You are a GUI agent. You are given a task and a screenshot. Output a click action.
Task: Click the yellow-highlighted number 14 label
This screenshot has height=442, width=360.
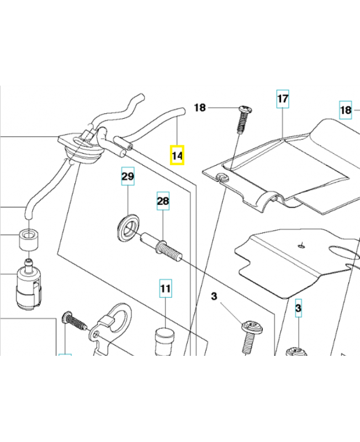(x=177, y=155)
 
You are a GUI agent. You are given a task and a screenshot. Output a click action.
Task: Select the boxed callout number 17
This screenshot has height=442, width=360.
(x=282, y=99)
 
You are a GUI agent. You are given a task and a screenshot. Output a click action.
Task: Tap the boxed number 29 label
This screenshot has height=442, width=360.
(x=128, y=177)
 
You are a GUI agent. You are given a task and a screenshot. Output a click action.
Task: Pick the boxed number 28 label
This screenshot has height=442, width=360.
(x=163, y=202)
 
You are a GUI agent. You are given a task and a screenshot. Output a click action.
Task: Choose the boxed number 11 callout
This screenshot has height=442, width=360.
(x=166, y=288)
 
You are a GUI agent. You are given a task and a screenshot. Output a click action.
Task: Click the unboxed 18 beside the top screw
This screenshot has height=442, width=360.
(x=199, y=107)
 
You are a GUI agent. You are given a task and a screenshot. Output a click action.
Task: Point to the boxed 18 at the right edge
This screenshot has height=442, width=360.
(x=345, y=110)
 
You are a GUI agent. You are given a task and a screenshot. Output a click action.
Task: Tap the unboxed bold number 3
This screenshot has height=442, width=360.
(x=214, y=297)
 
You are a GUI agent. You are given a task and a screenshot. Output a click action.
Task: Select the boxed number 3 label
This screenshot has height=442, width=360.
(x=298, y=308)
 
